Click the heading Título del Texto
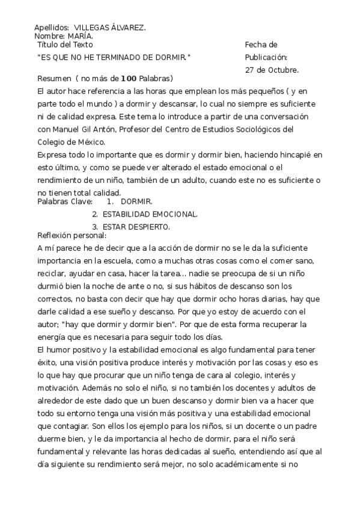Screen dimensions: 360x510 pos(65,45)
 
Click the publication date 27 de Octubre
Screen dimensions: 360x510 pos(272,70)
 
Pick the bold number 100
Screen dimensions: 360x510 pos(129,79)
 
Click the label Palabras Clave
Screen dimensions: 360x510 pos(65,201)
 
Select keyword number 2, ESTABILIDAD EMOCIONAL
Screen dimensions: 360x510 pos(150,214)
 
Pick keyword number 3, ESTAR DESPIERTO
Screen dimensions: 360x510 pos(136,227)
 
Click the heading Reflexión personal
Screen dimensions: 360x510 pos(72,235)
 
